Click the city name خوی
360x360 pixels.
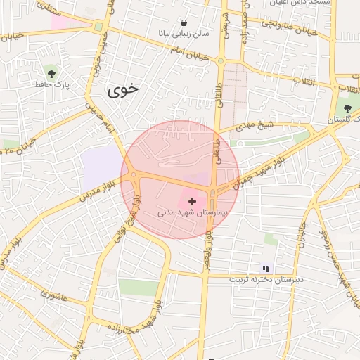(123, 90)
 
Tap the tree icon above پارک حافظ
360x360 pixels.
(51, 72)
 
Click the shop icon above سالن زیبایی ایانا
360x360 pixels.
(184, 22)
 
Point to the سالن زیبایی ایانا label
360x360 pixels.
(184, 34)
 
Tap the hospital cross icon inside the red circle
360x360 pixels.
(193, 201)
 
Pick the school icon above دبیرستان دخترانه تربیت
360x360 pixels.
(266, 269)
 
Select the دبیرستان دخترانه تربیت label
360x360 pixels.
(266, 280)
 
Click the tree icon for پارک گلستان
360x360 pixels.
(347, 107)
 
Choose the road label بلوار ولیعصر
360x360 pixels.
(208, 238)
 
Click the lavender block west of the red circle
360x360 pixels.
(103, 169)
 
